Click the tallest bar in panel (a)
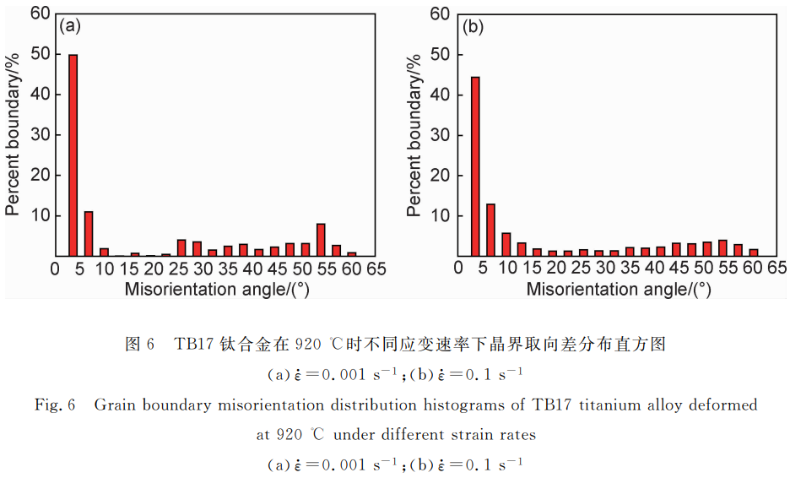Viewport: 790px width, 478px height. click(73, 155)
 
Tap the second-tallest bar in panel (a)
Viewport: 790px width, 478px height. click(89, 234)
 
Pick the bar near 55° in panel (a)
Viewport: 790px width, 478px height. click(321, 240)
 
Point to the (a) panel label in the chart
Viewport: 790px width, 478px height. click(70, 26)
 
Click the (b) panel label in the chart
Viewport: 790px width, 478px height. click(473, 27)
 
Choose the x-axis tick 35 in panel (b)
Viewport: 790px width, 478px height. click(630, 269)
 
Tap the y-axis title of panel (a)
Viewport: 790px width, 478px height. click(13, 134)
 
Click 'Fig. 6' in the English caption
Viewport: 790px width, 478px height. click(55, 405)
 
